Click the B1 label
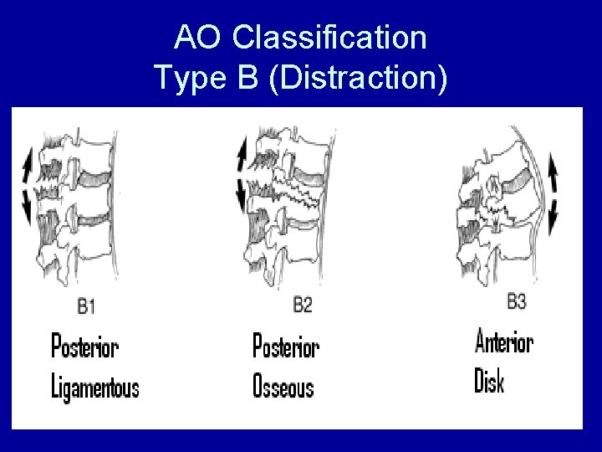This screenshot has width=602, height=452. tap(86, 307)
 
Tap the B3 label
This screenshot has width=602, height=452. tap(517, 300)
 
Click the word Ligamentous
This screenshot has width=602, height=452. tap(95, 388)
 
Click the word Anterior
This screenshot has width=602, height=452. tap(504, 343)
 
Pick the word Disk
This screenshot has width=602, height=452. tap(489, 383)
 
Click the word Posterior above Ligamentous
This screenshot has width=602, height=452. tap(84, 346)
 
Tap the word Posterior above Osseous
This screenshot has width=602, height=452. tap(286, 346)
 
